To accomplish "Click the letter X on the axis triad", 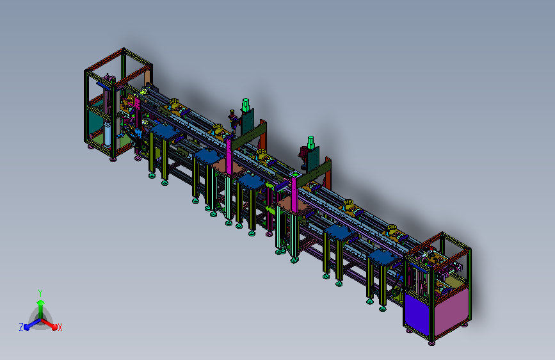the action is pyautogui.click(x=60, y=328).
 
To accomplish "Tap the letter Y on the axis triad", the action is pyautogui.click(x=40, y=293).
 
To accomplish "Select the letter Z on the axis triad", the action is pyautogui.click(x=21, y=327).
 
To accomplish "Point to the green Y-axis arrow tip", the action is pyautogui.click(x=41, y=302).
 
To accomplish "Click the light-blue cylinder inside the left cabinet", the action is pyautogui.click(x=108, y=134).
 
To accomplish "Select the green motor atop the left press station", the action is pyautogui.click(x=246, y=105).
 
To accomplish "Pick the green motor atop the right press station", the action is pyautogui.click(x=310, y=143).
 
